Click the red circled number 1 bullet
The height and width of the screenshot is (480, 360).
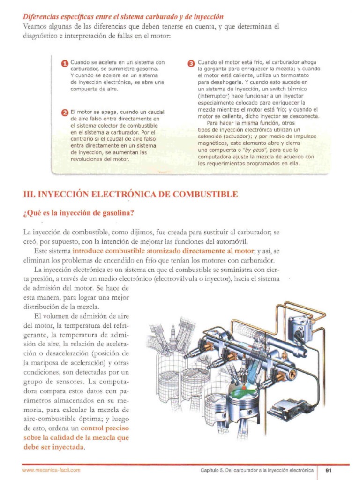click(x=65, y=64)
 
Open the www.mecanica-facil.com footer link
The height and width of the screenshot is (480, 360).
click(x=52, y=470)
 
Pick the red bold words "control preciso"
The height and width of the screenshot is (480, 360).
click(x=105, y=428)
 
